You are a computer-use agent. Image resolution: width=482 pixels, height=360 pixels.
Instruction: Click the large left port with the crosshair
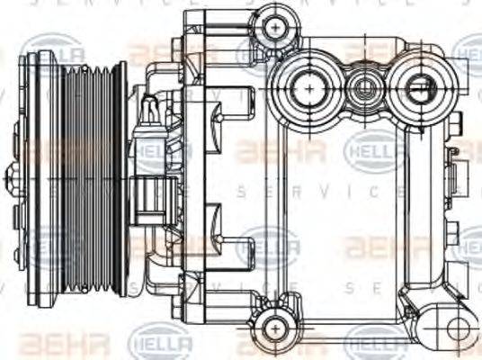pyautogui.click(x=308, y=87)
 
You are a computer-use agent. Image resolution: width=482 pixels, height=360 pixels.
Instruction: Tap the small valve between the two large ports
pyautogui.click(x=365, y=88)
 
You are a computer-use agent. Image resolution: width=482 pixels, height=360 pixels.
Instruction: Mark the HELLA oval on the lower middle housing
pyautogui.click(x=270, y=243)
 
